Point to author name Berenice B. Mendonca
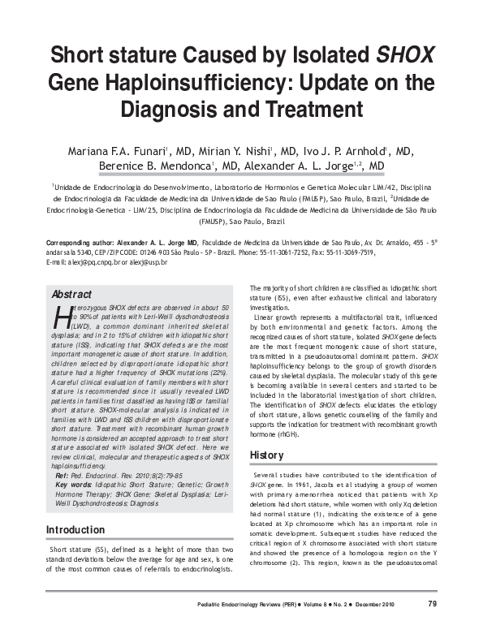tap(160, 166)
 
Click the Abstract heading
tap(71, 294)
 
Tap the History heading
tap(266, 455)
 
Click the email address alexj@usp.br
tap(145, 262)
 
